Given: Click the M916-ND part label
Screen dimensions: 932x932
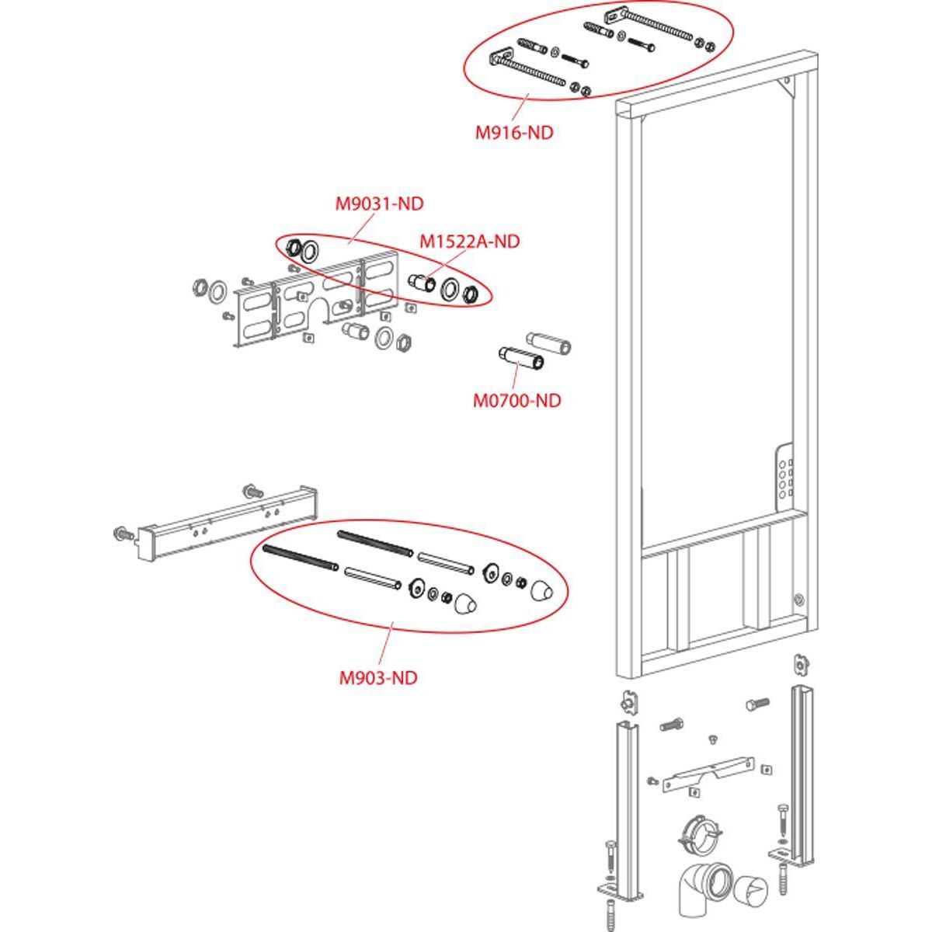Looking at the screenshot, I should click(x=514, y=133).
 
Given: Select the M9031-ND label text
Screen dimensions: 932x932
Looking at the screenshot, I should click(x=380, y=204).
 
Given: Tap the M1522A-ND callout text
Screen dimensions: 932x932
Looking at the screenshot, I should click(x=470, y=242).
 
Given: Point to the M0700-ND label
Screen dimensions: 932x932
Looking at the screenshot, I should click(x=516, y=401).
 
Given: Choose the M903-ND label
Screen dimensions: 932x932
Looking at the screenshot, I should click(x=378, y=678).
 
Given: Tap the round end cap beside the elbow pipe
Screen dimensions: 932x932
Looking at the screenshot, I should click(x=751, y=889).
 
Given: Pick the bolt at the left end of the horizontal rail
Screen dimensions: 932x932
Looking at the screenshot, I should click(x=122, y=534).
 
